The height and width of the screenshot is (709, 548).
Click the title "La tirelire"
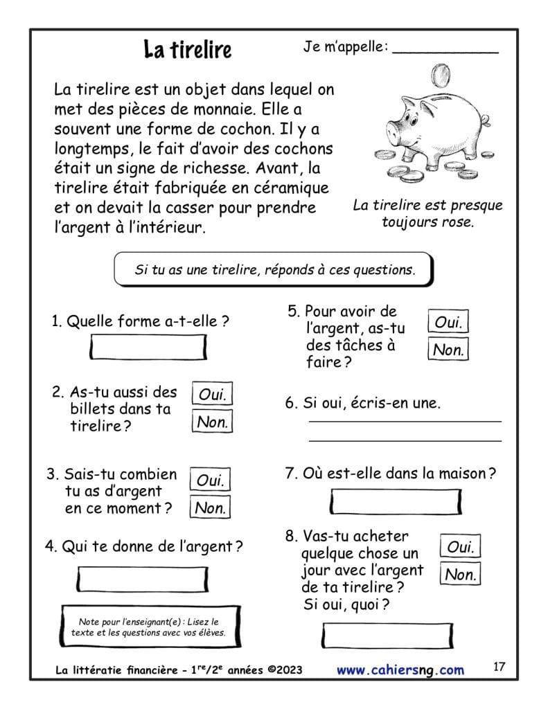pos(188,49)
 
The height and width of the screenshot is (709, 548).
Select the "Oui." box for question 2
pos(212,394)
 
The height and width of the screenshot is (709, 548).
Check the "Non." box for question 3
pos(211,508)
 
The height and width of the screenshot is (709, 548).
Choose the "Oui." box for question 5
pos(448,322)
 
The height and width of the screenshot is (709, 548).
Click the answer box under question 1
pos(149,347)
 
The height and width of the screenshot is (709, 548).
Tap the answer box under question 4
pos(143,579)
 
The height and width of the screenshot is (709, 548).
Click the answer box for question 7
pos(396,501)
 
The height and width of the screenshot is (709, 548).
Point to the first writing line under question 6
pos(405,420)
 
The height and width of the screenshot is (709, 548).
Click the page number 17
pos(500,667)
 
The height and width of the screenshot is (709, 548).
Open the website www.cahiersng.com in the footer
pos(400,670)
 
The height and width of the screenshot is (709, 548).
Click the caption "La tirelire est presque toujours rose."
pos(427,214)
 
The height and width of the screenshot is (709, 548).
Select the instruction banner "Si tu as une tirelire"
pos(274,270)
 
